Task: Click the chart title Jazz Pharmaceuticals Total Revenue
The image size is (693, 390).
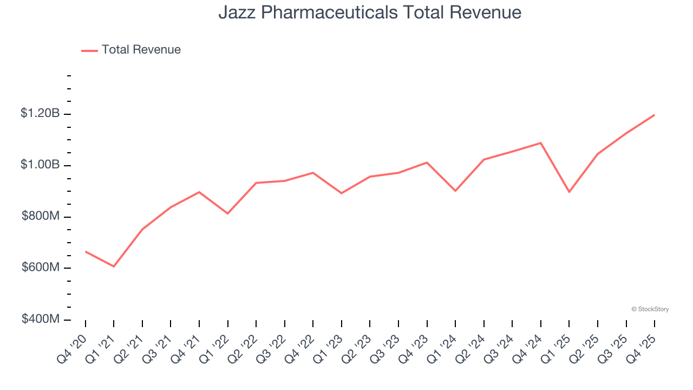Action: (x=370, y=12)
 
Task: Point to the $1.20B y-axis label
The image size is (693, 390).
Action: (x=40, y=114)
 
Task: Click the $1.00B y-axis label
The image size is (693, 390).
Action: (x=40, y=165)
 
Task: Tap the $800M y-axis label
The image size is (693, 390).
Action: (x=41, y=216)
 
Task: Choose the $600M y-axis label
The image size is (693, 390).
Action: (x=41, y=268)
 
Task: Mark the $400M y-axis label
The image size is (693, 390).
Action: (x=41, y=319)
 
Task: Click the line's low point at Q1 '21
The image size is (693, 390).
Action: (x=114, y=266)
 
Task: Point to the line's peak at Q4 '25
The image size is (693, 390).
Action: (x=654, y=115)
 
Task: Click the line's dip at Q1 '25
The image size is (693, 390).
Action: (x=569, y=192)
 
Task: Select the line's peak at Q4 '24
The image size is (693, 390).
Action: (x=541, y=143)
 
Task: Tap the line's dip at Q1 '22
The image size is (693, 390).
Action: (x=228, y=213)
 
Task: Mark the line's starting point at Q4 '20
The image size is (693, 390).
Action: (x=86, y=251)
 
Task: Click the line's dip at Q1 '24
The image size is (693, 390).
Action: (x=455, y=191)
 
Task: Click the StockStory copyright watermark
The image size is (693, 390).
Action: (x=650, y=309)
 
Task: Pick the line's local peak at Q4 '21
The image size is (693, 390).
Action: (x=199, y=192)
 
